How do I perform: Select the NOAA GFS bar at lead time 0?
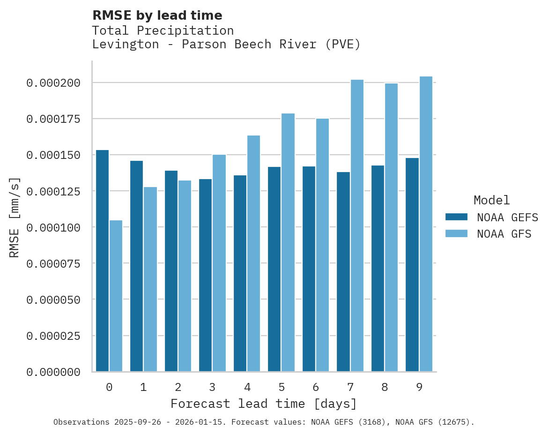point(116,296)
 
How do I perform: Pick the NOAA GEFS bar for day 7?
point(343,272)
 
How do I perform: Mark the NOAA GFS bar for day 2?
point(185,276)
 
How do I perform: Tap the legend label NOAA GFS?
point(504,234)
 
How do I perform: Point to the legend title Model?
point(491,200)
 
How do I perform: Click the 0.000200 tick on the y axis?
point(53,83)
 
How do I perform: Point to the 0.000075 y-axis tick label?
point(53,263)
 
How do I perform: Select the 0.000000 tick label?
point(53,372)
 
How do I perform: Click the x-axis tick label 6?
point(316,387)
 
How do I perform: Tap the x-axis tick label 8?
point(385,387)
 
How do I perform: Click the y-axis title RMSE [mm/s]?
point(15,217)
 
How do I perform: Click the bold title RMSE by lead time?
point(157,15)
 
